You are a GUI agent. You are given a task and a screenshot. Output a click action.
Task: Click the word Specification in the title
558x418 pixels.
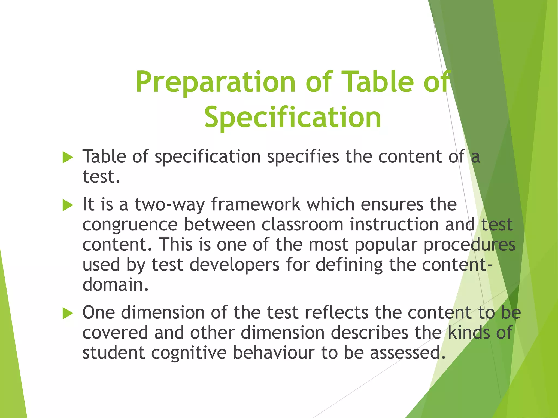(293, 118)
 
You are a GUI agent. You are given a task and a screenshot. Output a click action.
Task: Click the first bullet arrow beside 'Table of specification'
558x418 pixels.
(68, 158)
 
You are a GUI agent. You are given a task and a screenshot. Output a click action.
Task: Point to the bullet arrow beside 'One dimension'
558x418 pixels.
(68, 313)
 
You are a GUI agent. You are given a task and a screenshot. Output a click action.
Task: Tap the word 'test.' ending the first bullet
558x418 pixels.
(101, 177)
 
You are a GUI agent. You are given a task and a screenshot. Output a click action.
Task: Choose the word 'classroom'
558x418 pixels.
(302, 225)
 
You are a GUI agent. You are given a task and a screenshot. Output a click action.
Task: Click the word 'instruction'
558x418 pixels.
(394, 225)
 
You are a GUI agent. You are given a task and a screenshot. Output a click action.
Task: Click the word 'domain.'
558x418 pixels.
(116, 285)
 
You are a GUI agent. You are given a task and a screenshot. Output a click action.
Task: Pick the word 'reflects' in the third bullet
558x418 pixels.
(337, 313)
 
